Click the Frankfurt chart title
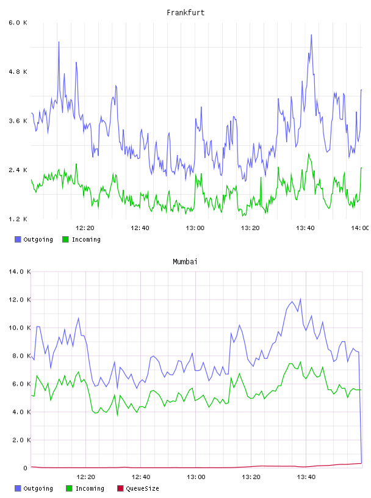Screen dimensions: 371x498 (185, 12)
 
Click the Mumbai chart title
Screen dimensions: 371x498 (185, 261)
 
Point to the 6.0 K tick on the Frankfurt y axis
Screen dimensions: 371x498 (18, 23)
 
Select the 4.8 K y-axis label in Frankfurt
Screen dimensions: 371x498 (18, 72)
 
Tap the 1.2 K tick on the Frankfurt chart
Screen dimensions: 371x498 (18, 219)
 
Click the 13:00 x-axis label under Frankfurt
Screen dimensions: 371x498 (195, 228)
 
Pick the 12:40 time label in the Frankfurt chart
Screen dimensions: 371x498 (140, 228)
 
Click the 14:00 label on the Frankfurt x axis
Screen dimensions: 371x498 (360, 228)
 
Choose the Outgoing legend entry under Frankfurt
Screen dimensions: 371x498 (34, 239)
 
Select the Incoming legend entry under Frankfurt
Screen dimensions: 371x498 (81, 239)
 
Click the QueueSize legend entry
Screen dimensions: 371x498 (138, 488)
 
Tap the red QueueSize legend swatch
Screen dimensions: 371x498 (120, 488)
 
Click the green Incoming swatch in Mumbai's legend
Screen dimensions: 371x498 (68, 488)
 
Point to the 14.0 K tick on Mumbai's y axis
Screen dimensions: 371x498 (20, 272)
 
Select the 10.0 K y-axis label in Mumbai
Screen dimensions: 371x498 (20, 328)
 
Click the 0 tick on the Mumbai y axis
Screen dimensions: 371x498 (26, 468)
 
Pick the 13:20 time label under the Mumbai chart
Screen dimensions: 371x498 (251, 477)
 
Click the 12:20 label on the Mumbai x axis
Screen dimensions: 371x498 (86, 477)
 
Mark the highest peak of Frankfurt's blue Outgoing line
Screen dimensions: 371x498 (311, 35)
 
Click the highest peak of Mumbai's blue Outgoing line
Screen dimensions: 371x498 (300, 298)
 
